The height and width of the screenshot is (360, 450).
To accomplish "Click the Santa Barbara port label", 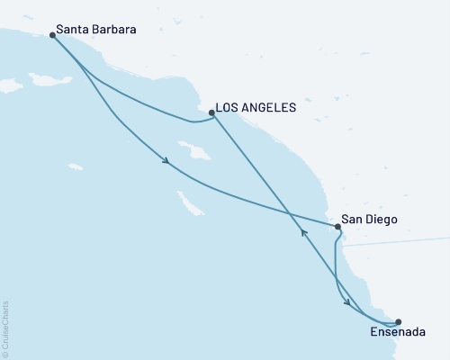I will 96,30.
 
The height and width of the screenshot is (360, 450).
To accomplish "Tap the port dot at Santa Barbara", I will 52,35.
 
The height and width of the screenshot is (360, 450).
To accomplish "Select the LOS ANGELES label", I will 256,107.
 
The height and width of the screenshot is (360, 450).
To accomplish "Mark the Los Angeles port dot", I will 211,113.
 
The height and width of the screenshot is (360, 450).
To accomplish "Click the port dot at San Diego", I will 337,226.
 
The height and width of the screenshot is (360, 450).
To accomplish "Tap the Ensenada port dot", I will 399,320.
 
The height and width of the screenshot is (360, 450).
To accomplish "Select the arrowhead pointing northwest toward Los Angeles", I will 303,233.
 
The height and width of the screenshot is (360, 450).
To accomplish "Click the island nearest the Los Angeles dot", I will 197,149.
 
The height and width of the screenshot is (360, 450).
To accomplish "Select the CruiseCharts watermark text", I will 5,328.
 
